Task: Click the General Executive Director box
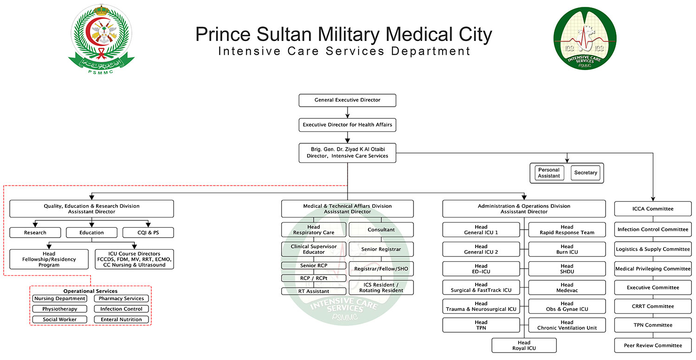[347, 100]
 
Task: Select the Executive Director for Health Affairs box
[347, 125]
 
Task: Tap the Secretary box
[586, 173]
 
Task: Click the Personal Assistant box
[549, 173]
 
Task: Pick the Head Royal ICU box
[524, 346]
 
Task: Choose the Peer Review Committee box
[653, 346]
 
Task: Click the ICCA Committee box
[653, 209]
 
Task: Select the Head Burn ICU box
[567, 249]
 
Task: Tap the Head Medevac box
[567, 288]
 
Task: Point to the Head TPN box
[481, 325]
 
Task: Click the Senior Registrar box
[381, 249]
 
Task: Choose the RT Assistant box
[314, 291]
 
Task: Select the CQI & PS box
[148, 232]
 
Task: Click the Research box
[35, 232]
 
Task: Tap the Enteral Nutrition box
[121, 320]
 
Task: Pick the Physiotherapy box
[59, 309]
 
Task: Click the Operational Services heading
[90, 291]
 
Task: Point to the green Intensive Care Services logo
[585, 39]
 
